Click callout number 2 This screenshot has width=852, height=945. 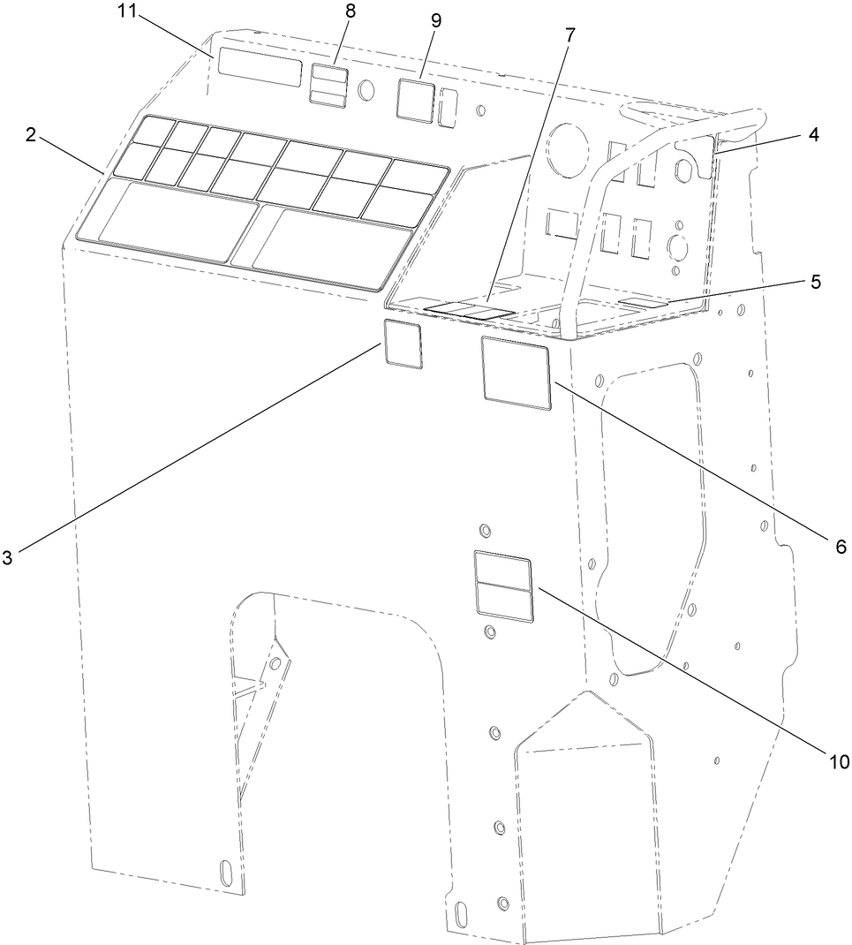(x=30, y=134)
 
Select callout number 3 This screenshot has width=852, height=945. (x=7, y=557)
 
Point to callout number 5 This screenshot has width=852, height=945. (x=814, y=283)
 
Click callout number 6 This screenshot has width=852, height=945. (x=841, y=547)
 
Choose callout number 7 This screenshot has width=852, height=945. (x=569, y=36)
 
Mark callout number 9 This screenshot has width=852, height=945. (x=435, y=19)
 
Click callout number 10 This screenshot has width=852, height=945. (x=837, y=761)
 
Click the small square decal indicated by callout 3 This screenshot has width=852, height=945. (x=403, y=344)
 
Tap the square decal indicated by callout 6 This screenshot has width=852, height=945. (x=516, y=372)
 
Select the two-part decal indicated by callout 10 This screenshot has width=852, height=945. (x=503, y=586)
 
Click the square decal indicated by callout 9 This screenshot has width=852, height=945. (x=415, y=100)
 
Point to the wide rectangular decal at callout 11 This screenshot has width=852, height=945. (x=261, y=67)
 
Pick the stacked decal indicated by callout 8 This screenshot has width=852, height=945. (x=328, y=86)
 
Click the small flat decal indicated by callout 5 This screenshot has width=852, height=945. (x=642, y=304)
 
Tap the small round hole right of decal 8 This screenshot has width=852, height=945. (x=367, y=90)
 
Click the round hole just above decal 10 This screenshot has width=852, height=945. (x=484, y=530)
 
